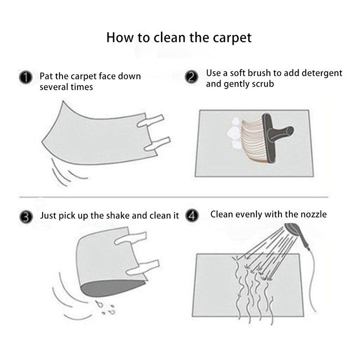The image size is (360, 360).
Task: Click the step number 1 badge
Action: (x=25, y=77)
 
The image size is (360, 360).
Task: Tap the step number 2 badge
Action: (x=191, y=76)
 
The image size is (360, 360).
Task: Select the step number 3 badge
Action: (x=26, y=217)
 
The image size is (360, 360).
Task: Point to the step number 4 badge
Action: (x=192, y=215)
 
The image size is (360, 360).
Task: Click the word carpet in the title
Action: (x=232, y=38)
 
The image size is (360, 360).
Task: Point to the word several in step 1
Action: (x=54, y=87)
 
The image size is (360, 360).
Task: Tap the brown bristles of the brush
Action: (x=252, y=140)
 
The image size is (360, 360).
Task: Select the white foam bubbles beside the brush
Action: (x=233, y=132)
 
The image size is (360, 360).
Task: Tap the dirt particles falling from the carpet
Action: (x=105, y=307)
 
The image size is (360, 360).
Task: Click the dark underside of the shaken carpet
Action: (x=112, y=288)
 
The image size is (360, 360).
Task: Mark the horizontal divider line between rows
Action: (x=174, y=197)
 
